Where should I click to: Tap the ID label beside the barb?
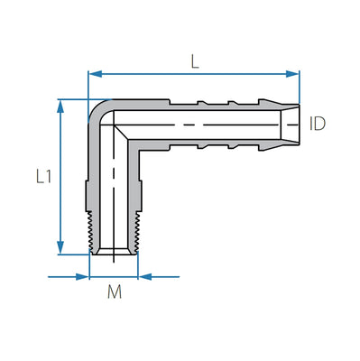317,123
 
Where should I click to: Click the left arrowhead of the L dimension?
93,74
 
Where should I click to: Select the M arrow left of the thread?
84,276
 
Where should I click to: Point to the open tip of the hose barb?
294,123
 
